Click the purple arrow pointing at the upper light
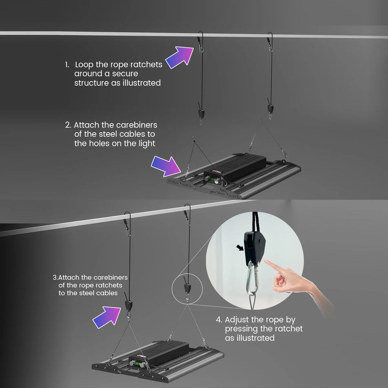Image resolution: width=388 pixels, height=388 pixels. [x=166, y=166]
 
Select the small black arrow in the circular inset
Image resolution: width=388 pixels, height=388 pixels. [x=240, y=247]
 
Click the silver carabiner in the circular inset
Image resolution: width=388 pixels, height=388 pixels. [x=253, y=278]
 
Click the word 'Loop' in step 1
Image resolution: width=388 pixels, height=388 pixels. [x=84, y=64]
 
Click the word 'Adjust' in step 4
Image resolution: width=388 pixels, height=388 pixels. [x=237, y=320]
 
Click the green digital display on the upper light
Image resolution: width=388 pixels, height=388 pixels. [x=213, y=179]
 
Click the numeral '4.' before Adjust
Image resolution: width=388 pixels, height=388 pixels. [x=219, y=320]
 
